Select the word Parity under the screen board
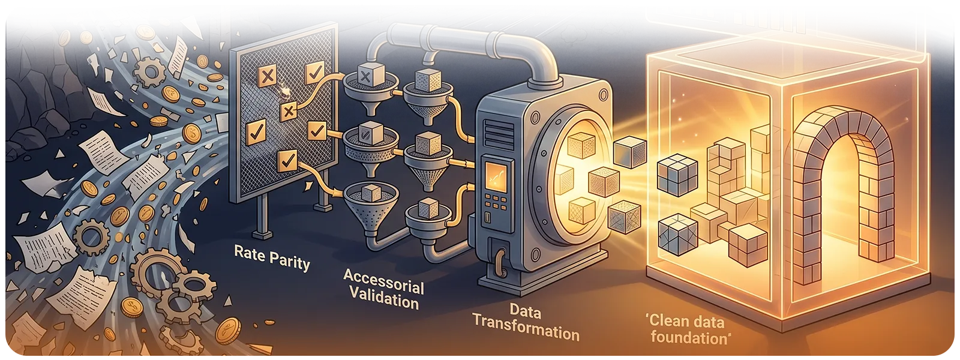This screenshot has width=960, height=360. pyautogui.click(x=290, y=260)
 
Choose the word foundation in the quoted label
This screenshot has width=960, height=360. pyautogui.click(x=690, y=338)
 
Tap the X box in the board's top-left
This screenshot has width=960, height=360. pyautogui.click(x=267, y=76)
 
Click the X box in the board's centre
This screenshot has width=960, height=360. pyautogui.click(x=289, y=110)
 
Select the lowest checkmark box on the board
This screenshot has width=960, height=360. pyautogui.click(x=288, y=160)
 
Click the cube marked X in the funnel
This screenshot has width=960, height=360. pyautogui.click(x=365, y=74)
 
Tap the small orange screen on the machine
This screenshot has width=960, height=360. pyautogui.click(x=496, y=177)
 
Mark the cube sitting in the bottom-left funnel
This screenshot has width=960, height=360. pyautogui.click(x=365, y=194)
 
